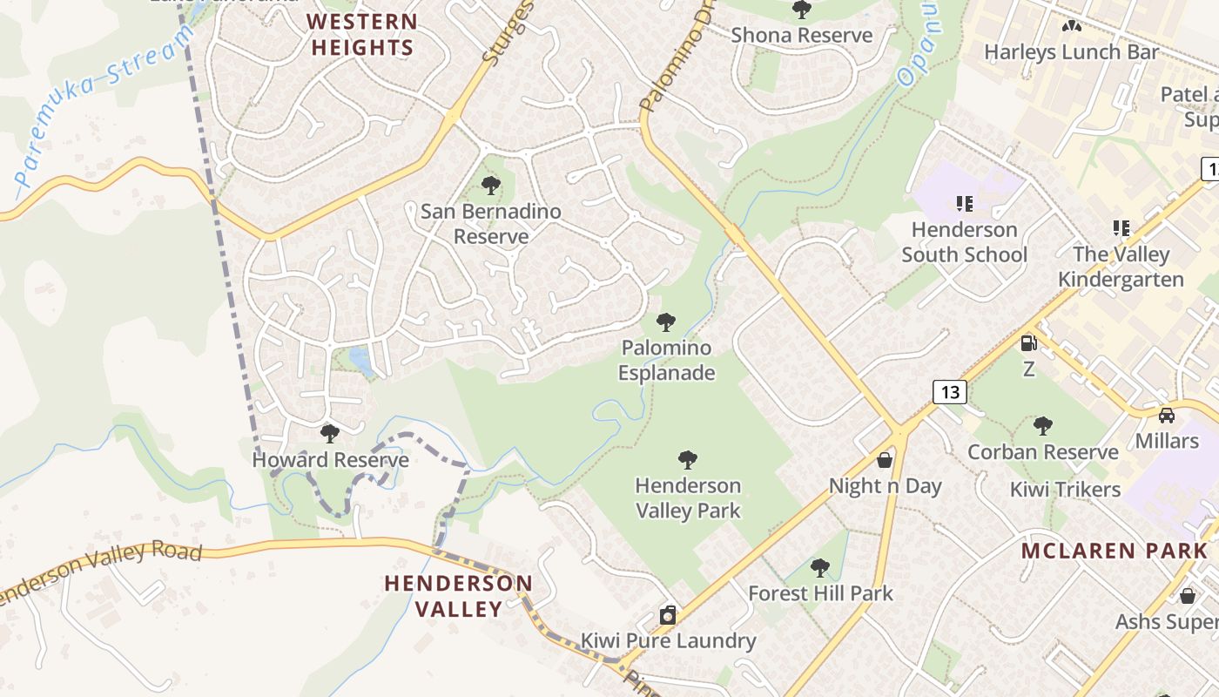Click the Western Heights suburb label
pos(362,35)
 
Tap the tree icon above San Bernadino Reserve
pos(491,185)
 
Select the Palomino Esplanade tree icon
pos(666,322)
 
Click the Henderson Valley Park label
pos(688,497)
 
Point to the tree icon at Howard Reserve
pos(329,433)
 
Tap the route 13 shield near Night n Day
pos(950,392)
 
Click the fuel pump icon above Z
pos(1028,343)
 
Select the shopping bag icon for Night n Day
pos(885,459)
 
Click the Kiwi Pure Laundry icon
pos(668,615)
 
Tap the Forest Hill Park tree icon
pos(819,568)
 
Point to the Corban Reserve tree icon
pos(1042,426)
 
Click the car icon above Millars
pos(1166,415)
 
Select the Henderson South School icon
pos(964,204)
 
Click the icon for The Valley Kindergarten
pos(1121,228)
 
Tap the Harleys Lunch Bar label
pos(1071,52)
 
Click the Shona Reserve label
pos(801,35)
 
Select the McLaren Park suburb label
pos(1115,551)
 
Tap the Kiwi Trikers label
pos(1065,489)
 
